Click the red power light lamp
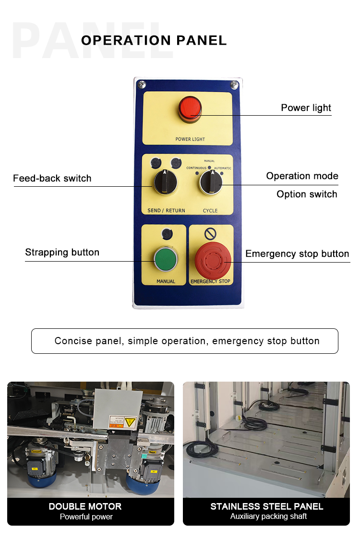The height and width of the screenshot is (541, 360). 190,109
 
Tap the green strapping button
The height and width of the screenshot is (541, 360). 166,259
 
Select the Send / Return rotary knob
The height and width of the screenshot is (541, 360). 165,182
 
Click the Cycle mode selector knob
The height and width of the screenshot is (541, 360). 211,182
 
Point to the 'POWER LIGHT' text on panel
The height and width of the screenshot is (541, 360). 190,139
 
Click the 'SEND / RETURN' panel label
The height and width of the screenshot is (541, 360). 167,210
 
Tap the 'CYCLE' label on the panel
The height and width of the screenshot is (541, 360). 210,210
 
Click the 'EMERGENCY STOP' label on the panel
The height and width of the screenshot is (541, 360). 211,281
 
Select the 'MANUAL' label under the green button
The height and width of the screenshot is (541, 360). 166,281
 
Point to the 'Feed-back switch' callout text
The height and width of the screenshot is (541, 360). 52,179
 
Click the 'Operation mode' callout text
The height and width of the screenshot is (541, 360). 302,176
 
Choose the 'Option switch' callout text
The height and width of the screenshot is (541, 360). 307,194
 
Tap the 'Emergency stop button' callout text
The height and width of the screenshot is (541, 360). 297,254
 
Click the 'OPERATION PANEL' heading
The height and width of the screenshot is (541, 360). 154,40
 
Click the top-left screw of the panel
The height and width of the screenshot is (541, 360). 142,84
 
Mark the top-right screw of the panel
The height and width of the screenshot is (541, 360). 234,84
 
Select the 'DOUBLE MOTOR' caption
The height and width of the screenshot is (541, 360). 85,506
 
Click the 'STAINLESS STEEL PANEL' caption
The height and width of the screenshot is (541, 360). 267,506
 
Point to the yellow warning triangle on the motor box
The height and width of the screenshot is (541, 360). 131,422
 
